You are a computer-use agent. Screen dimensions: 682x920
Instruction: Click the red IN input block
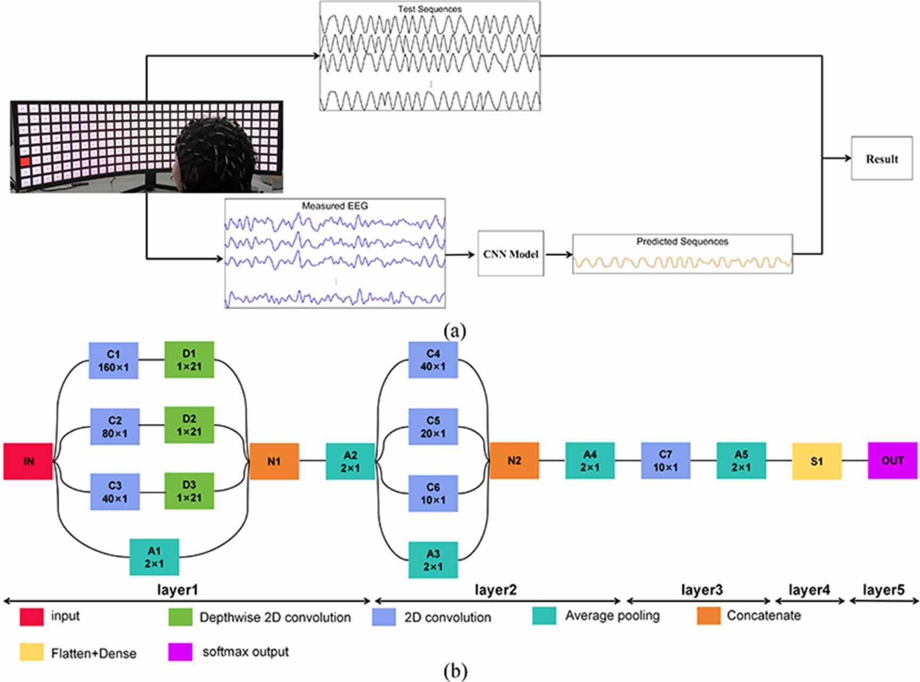[28, 461]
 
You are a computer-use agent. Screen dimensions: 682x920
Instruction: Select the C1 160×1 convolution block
[113, 361]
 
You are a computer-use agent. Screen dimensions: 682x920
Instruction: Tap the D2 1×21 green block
[189, 425]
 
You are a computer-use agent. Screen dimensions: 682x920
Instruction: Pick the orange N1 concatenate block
[274, 461]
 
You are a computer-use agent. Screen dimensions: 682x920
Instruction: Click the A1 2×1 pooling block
[154, 557]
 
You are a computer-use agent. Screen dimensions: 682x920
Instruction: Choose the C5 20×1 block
[433, 427]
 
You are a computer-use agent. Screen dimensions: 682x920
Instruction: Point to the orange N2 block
[514, 461]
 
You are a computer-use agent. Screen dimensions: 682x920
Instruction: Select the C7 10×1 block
[665, 461]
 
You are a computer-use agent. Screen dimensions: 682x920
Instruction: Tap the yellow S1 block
[817, 461]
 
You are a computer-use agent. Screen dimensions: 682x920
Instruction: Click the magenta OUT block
[892, 461]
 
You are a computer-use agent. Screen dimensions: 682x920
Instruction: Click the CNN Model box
[510, 254]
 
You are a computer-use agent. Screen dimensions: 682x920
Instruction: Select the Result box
[882, 159]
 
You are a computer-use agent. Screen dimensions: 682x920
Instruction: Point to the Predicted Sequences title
[682, 242]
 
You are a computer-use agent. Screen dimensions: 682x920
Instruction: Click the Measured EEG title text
[334, 206]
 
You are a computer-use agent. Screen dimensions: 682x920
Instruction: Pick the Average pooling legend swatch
[544, 616]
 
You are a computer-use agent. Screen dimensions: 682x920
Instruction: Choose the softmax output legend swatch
[180, 652]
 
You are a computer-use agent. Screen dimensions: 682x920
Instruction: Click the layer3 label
[701, 590]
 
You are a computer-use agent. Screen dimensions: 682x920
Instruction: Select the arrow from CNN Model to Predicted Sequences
[558, 254]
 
